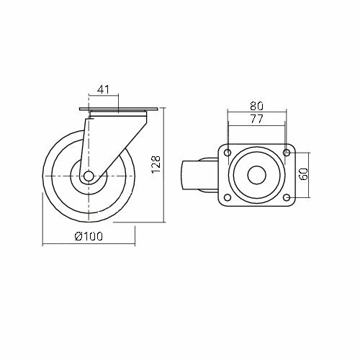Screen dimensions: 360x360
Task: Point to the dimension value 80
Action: (x=256, y=106)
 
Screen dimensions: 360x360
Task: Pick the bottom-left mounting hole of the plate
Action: (x=228, y=198)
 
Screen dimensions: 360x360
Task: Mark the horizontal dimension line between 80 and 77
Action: (x=256, y=113)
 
